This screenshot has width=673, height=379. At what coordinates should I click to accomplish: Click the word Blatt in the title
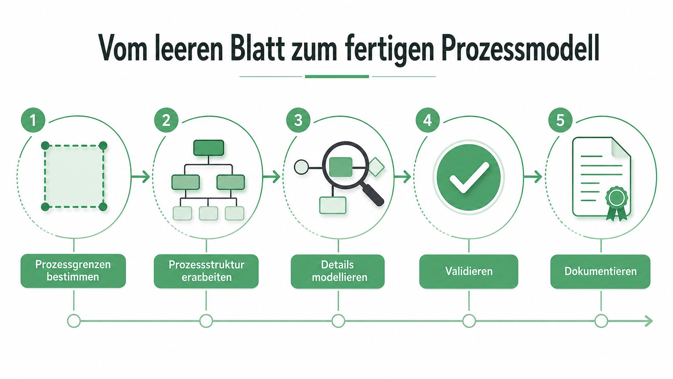point(258,48)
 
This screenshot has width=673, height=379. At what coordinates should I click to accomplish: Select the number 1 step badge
point(33,120)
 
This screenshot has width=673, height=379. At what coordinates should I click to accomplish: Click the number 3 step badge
point(298,120)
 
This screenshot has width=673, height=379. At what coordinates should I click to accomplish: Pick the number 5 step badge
point(560,120)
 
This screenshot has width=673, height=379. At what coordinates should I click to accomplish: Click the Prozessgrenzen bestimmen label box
point(73,271)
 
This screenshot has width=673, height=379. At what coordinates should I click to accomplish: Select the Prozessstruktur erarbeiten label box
point(206,271)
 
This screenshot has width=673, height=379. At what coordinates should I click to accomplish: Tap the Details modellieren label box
point(338,271)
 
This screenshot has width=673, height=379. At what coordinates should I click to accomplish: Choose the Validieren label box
point(469,271)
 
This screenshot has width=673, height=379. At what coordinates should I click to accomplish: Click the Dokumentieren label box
point(600,271)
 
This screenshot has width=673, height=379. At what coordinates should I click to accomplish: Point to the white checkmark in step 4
point(469,177)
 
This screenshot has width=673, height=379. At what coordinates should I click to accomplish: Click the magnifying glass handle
point(373,195)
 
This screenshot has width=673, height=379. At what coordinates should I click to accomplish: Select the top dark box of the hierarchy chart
point(209,148)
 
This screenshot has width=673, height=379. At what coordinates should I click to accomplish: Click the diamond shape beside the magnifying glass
point(376,167)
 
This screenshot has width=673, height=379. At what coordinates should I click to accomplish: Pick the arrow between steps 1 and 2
point(140,177)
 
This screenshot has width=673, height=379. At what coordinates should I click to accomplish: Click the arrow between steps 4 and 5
point(533,177)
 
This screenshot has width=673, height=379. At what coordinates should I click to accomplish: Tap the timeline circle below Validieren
point(469,321)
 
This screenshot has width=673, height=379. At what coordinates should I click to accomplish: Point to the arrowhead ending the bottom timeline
point(649,321)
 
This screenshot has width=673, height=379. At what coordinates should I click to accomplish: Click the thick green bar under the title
point(337,77)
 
